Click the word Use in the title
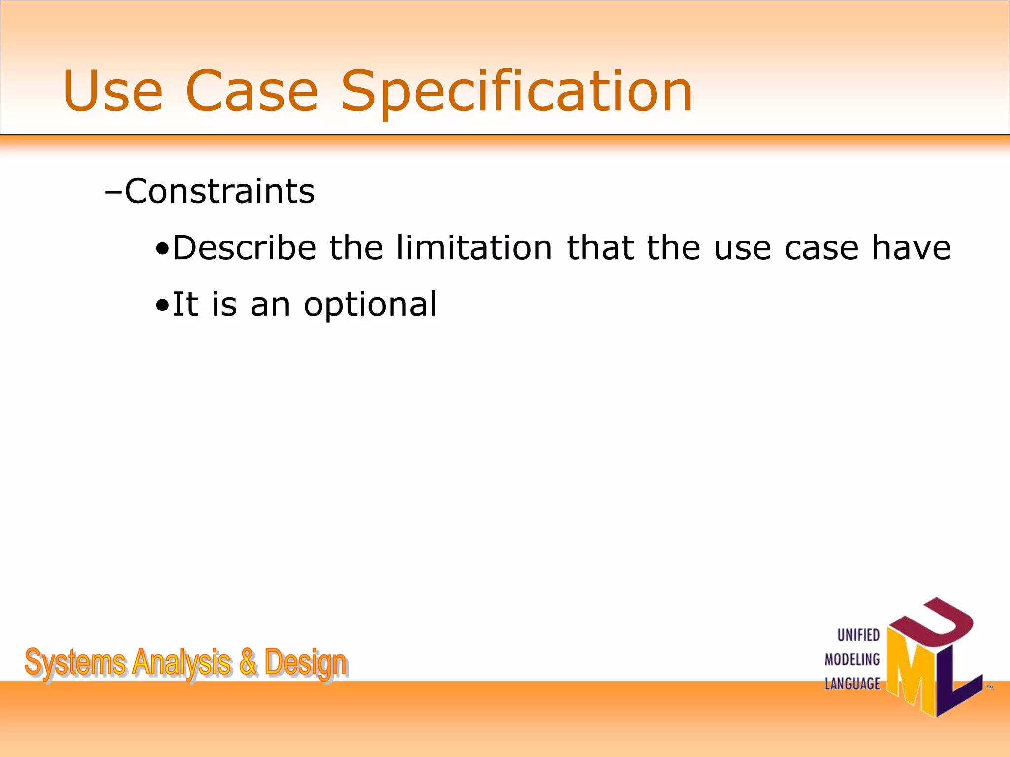112,91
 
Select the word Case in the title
252,91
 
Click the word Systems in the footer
74,663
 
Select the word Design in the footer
306,663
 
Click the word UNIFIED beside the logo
859,635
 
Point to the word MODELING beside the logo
852,659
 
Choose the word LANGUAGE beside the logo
852,684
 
